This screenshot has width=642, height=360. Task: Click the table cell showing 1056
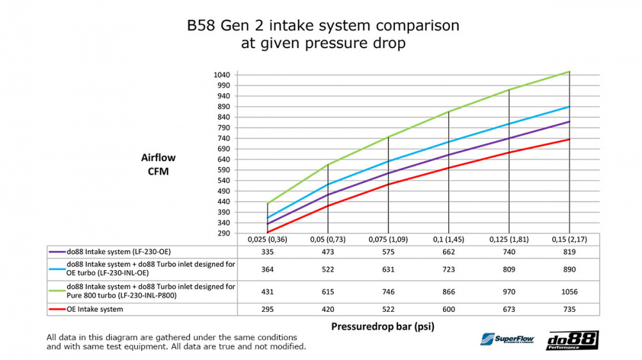(x=569, y=292)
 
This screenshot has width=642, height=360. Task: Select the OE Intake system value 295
(x=268, y=310)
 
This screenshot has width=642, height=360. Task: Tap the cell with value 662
(x=449, y=252)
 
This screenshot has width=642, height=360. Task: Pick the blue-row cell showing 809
(x=508, y=270)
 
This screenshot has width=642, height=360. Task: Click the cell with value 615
(x=328, y=292)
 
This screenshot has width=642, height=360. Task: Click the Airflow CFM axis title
(x=158, y=164)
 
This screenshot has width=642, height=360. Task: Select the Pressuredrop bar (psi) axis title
(x=383, y=326)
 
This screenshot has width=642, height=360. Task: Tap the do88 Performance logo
(x=572, y=340)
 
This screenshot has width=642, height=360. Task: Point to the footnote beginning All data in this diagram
(x=176, y=342)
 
